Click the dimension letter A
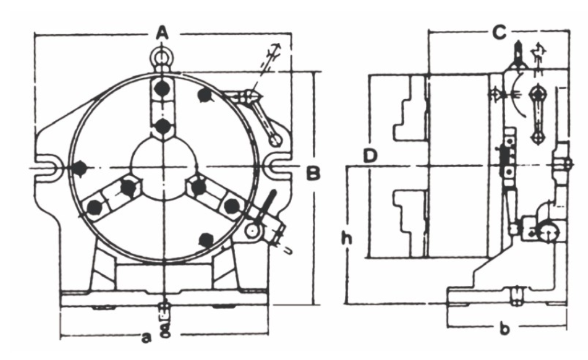coord(163,35)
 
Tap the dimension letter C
coord(499,33)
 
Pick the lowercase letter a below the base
coord(146,338)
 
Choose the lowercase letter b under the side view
coord(505,330)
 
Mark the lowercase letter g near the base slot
coord(164,329)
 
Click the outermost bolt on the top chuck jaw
coord(163,88)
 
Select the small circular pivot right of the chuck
coord(252,230)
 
